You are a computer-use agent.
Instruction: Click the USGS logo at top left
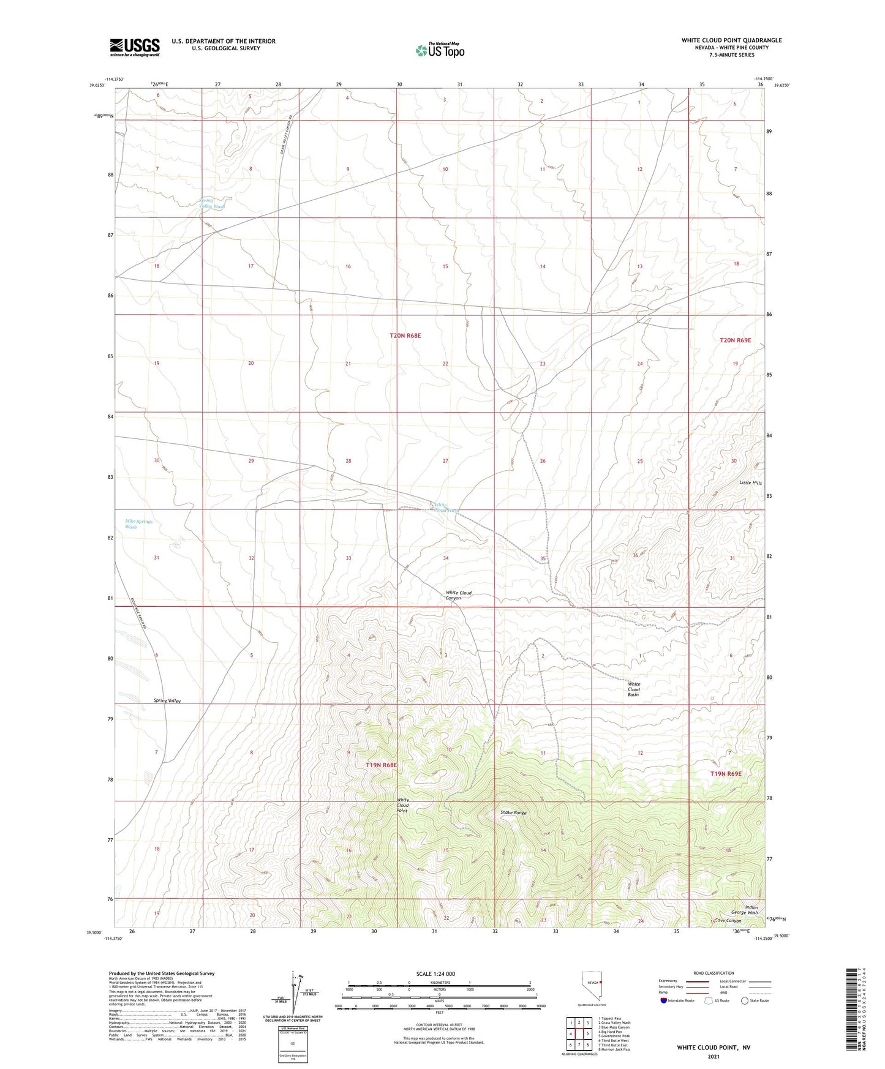point(135,47)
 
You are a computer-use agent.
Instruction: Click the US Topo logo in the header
point(440,50)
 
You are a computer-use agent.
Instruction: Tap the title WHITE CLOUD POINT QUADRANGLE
point(731,40)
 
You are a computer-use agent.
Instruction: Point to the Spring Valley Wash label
point(212,203)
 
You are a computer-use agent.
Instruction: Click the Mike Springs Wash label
point(138,524)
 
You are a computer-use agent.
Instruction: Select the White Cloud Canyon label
point(459,595)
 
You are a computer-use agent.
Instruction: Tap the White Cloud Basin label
point(634,689)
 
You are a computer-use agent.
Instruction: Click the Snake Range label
point(513,812)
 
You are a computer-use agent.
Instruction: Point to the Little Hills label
point(750,483)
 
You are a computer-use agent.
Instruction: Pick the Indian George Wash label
point(751,910)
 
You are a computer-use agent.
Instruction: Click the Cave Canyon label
point(729,921)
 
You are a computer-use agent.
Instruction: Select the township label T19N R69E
point(726,774)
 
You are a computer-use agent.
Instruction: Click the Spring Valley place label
point(167,700)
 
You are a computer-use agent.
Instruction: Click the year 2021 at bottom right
point(713,1057)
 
